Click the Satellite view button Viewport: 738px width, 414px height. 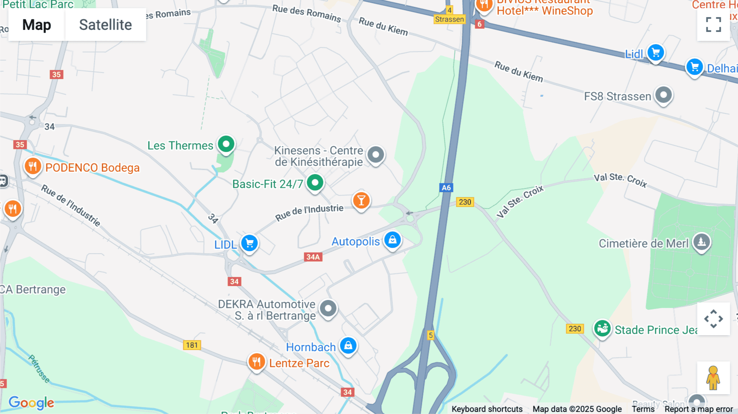(x=105, y=25)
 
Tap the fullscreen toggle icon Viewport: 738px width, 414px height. (x=713, y=25)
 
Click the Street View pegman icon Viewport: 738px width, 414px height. (x=713, y=378)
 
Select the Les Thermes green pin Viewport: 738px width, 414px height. (x=226, y=144)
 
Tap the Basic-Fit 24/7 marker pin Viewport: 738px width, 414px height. (x=315, y=183)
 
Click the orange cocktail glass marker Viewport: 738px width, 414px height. (x=361, y=201)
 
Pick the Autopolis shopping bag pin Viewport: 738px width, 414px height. (x=392, y=240)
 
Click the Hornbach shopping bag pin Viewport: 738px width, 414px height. (x=348, y=346)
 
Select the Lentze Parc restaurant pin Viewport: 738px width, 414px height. (x=257, y=362)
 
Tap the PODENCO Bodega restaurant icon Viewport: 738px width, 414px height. (x=33, y=167)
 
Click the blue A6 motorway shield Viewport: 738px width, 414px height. (x=446, y=188)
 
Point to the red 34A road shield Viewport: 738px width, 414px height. (x=313, y=257)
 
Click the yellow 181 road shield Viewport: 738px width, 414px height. (x=191, y=345)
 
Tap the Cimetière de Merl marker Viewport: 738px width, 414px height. (x=701, y=242)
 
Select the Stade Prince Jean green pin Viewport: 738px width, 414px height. (x=602, y=329)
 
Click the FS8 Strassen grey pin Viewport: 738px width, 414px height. (x=663, y=96)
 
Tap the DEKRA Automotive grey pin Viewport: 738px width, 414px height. (x=328, y=309)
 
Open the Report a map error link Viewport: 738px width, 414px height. (x=698, y=409)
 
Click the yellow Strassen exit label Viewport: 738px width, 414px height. (x=449, y=19)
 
